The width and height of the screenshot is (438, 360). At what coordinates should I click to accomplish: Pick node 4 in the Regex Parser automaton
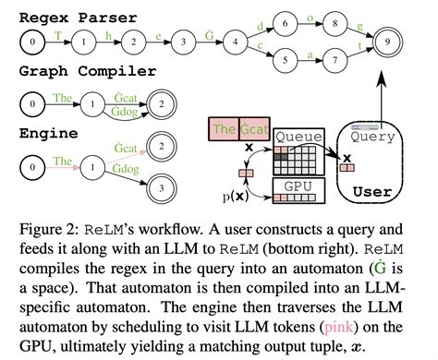[x=237, y=42]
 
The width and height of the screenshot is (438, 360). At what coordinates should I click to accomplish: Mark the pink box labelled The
[x=225, y=129]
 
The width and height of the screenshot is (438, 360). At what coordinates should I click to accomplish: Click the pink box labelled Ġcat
[x=254, y=129]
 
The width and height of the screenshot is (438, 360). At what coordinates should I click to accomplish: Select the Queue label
[x=296, y=136]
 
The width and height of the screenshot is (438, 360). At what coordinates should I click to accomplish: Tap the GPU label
[x=296, y=186]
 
